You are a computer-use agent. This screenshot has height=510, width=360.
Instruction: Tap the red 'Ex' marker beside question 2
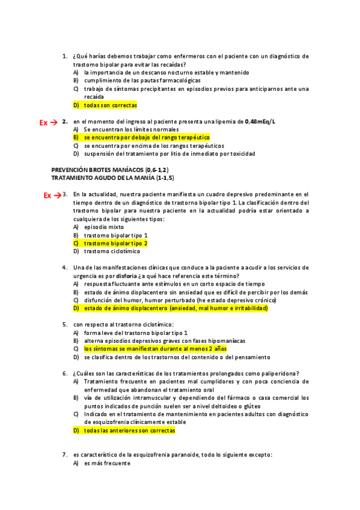pos(43,123)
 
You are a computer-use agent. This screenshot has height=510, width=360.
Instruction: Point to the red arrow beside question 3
pos(58,195)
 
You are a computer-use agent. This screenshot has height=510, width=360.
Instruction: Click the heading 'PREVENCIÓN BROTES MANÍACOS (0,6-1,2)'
pos(110,170)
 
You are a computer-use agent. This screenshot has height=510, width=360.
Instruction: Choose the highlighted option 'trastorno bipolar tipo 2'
pos(116,244)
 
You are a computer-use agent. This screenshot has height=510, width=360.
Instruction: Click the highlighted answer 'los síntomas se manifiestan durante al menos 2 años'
pos(155,349)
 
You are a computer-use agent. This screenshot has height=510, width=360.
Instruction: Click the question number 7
pos(65,455)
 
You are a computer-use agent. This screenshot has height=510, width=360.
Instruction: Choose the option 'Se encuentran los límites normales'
pos(131,129)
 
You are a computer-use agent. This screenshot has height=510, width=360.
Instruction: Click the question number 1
pos(65,56)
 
